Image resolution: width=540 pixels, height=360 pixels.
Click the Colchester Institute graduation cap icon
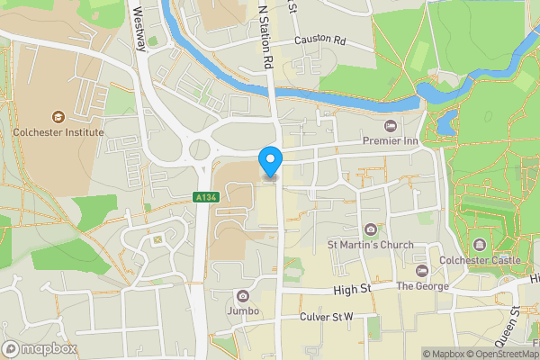(58, 116)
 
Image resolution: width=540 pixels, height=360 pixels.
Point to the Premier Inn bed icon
(390, 125)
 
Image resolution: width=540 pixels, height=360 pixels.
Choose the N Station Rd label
(265, 36)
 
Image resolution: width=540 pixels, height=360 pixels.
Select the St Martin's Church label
(370, 245)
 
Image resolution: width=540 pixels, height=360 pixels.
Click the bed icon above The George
(421, 271)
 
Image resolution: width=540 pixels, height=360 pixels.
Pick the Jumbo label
(243, 310)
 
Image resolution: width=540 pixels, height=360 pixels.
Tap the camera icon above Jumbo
(241, 295)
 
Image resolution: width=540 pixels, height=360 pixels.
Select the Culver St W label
(327, 318)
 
